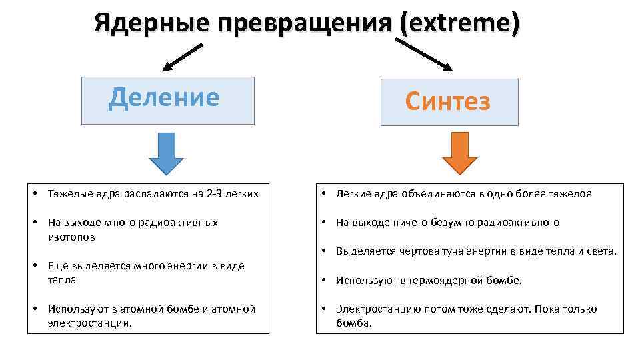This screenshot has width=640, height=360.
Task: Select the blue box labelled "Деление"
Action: coord(167,101)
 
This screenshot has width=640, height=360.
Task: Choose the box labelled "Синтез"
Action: coord(449,102)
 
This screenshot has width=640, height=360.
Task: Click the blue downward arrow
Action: coord(166,153)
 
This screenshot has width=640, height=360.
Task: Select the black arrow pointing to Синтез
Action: coord(424,55)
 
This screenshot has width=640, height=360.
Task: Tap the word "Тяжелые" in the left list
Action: coord(67,194)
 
